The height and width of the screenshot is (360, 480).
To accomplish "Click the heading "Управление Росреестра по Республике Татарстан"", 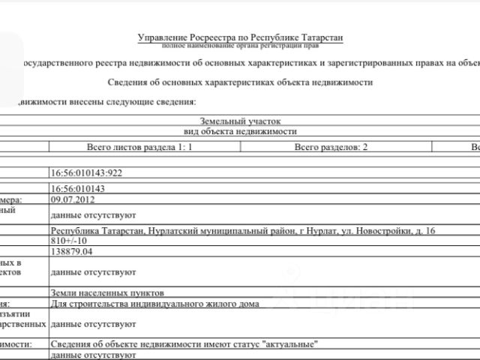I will [241, 37].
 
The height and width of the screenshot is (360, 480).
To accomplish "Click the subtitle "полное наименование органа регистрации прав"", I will [241, 46].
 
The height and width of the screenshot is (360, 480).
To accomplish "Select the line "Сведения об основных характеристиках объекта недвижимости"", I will [241, 82].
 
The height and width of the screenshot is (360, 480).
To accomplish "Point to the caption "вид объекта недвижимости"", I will [241, 131].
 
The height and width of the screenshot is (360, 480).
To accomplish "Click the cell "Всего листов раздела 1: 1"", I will [139, 147].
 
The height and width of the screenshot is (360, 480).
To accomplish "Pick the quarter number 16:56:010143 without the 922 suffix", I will [77, 188].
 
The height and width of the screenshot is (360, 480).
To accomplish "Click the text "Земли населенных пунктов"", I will [106, 292].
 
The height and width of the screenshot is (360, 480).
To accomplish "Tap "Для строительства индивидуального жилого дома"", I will [154, 304].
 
